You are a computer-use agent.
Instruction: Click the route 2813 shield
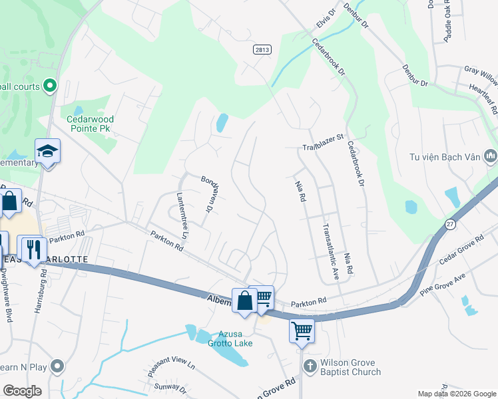pos(262,49)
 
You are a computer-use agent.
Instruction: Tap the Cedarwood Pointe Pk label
pos(90,124)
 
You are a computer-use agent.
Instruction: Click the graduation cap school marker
pos(47,152)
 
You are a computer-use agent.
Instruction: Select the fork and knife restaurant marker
pos(32,249)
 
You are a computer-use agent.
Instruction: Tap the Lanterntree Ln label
pos(182,214)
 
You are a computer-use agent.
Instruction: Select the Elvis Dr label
pos(324,21)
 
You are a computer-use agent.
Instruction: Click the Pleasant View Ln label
pos(172,364)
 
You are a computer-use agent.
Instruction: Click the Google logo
pos(22,391)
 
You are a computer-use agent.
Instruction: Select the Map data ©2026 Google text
pos(456,394)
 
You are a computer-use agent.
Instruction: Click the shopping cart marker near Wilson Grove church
pos(302,330)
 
